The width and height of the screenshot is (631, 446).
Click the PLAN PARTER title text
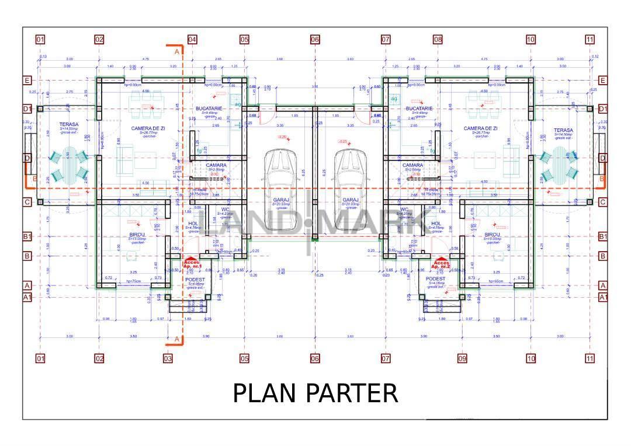315,393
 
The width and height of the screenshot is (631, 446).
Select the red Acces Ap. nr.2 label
441,264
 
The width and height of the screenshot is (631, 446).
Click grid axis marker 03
168,358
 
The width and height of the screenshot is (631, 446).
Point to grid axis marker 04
192,40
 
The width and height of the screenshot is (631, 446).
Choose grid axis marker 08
438,40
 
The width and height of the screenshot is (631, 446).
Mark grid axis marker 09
463,358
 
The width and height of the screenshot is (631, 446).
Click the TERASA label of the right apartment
563,130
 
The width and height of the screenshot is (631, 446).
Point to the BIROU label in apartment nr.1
137,234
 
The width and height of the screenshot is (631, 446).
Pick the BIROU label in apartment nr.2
492,234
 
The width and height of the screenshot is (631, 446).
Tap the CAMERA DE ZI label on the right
480,128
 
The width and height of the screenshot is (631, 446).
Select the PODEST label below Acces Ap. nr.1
194,280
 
